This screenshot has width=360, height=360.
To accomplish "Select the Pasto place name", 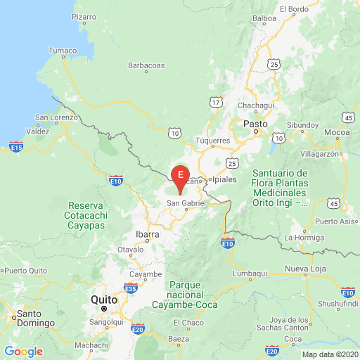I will pyautogui.click(x=254, y=124).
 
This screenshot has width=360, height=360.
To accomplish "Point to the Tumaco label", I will pyautogui.click(x=61, y=51).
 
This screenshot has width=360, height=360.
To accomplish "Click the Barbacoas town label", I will pyautogui.click(x=146, y=65).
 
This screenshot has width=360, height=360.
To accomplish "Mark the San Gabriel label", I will pyautogui.click(x=186, y=204).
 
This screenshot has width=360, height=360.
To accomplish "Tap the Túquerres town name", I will pyautogui.click(x=212, y=141).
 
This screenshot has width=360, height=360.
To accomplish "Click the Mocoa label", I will pyautogui.click(x=338, y=132).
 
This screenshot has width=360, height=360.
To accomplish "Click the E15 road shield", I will pyautogui.click(x=17, y=147).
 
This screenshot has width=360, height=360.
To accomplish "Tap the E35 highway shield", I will pyautogui.click(x=130, y=288).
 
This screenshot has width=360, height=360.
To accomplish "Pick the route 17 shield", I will pyautogui.click(x=217, y=103).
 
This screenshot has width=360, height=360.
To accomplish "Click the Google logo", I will pyautogui.click(x=24, y=351).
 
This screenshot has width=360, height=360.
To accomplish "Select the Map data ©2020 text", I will pyautogui.click(x=330, y=355).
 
